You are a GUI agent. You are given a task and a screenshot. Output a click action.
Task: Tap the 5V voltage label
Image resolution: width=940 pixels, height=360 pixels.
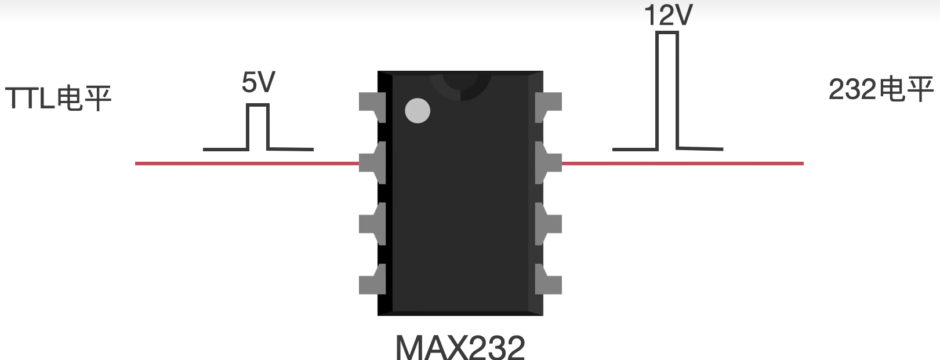[x=258, y=82]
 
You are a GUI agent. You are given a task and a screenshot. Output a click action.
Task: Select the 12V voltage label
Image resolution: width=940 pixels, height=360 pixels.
[x=668, y=15]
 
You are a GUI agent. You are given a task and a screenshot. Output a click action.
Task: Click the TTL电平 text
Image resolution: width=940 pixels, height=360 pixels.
[x=58, y=98]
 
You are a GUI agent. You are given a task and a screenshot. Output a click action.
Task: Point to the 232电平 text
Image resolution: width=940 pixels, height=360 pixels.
[x=880, y=90]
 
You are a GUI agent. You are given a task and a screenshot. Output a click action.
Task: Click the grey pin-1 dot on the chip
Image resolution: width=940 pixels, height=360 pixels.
[x=418, y=111]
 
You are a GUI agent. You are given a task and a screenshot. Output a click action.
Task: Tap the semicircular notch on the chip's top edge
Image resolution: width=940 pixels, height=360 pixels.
[x=460, y=87]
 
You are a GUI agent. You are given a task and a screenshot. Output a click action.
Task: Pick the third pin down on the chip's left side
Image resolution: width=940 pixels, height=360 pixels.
[x=372, y=224]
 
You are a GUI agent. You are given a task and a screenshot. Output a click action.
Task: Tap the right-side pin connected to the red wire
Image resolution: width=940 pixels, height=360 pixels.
[x=548, y=163]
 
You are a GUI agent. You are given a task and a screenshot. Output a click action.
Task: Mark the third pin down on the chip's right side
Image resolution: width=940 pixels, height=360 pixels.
[x=548, y=224]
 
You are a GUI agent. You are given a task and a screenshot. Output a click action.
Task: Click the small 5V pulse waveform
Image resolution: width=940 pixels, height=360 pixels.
[x=258, y=128]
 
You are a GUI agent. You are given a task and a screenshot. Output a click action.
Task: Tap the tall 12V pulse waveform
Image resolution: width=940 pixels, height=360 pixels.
[x=667, y=93]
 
